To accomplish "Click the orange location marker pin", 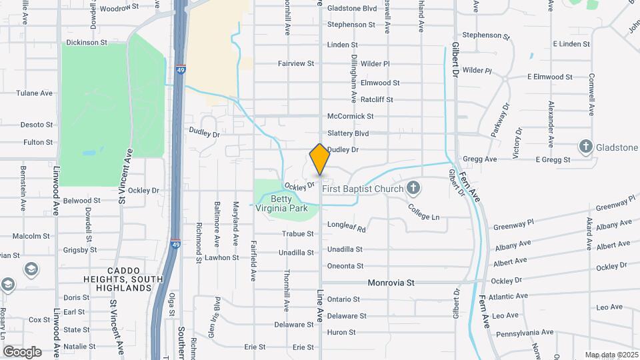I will pos(319,159).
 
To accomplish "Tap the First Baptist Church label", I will pos(363,189).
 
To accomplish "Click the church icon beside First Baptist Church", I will pos(413,188).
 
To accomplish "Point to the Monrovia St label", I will pos(391,283).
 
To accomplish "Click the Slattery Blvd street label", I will pos(347,133).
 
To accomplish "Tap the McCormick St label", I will pos(347,115).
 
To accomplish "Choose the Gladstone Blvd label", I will pos(352,9).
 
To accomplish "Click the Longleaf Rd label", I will pos(347,227).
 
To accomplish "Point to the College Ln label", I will pos(424,217).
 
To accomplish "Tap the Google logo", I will pos(22,351).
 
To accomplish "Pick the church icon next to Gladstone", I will pos(586,147).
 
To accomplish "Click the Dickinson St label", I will pos(86,43).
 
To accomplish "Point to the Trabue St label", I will pos(297,234).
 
